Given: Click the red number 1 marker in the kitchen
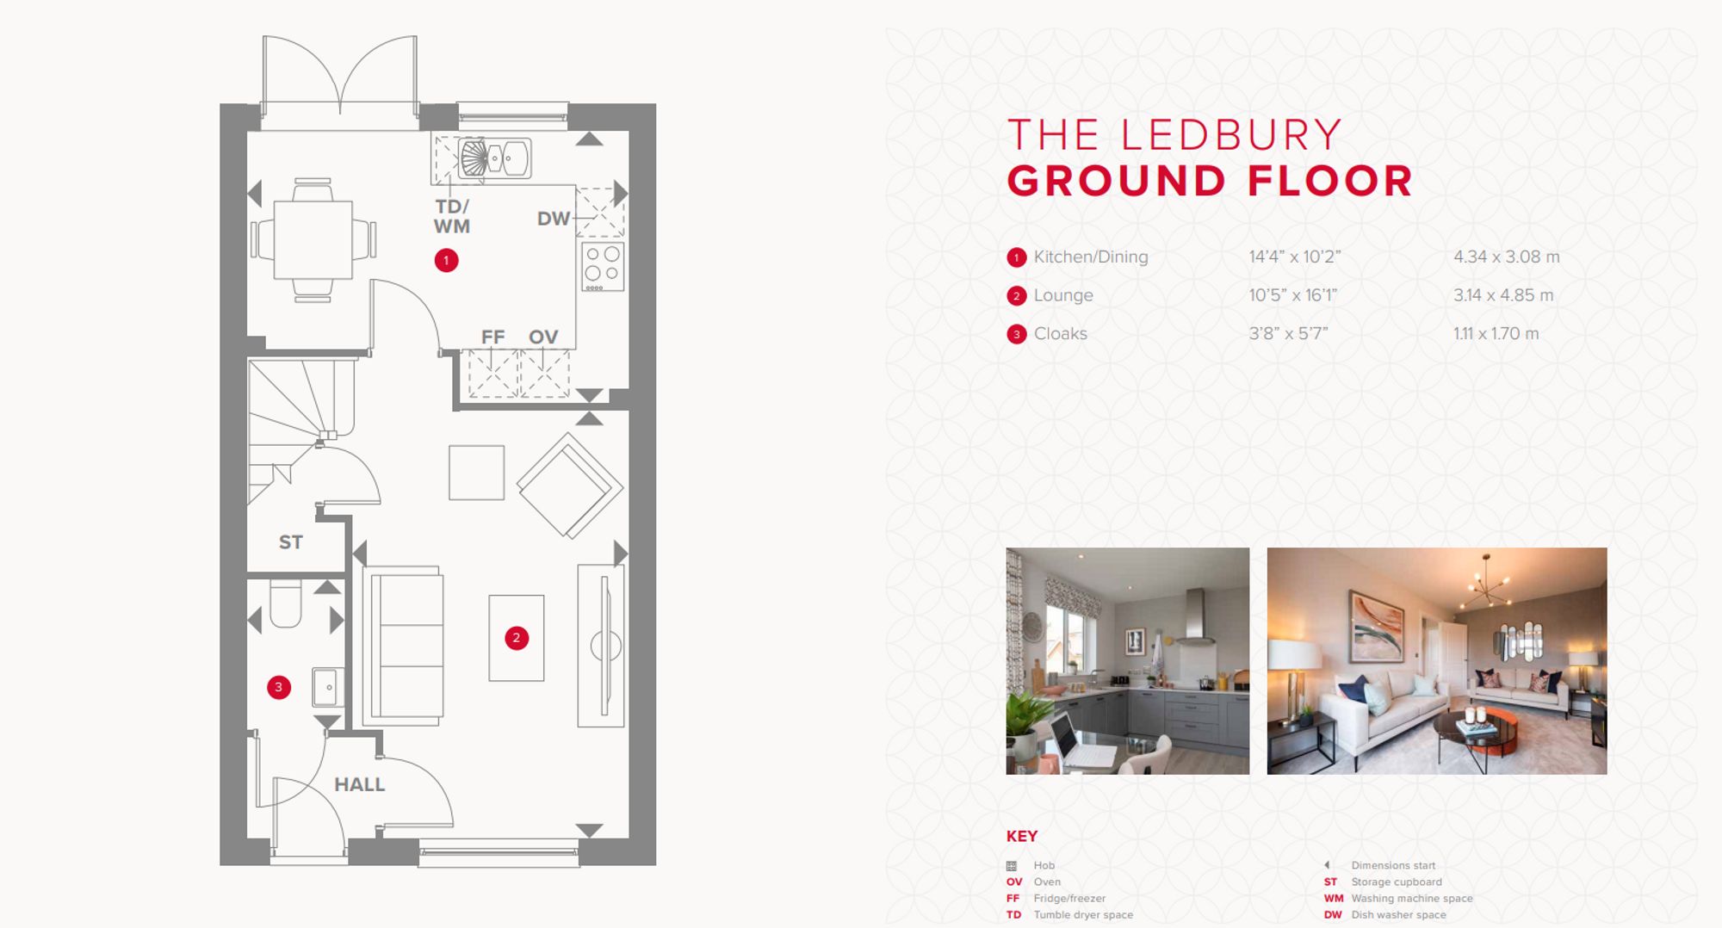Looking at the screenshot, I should point(446,260).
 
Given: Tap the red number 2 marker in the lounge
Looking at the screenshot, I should point(517,638).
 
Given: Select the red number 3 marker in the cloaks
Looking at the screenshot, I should point(278,687).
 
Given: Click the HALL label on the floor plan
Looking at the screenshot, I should point(359,784).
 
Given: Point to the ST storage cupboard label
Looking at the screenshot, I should point(290,542).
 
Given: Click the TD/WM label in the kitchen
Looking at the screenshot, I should point(451,217).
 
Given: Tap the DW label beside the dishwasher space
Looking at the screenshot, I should point(553,219).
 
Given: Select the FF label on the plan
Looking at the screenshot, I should point(492,337).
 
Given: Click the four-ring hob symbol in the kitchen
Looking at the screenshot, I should point(603,266).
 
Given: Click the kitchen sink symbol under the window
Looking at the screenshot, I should point(493,158).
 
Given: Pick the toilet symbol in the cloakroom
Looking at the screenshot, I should point(285,603).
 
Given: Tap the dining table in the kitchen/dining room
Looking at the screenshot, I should point(313,239).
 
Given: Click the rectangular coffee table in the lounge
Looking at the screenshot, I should point(517,638).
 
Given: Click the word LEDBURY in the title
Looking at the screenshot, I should point(1231,135).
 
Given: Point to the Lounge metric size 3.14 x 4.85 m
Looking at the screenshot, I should point(1503,295).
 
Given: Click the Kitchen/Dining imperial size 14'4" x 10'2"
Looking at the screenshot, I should point(1294,257).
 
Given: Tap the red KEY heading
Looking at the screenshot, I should point(1021,836).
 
